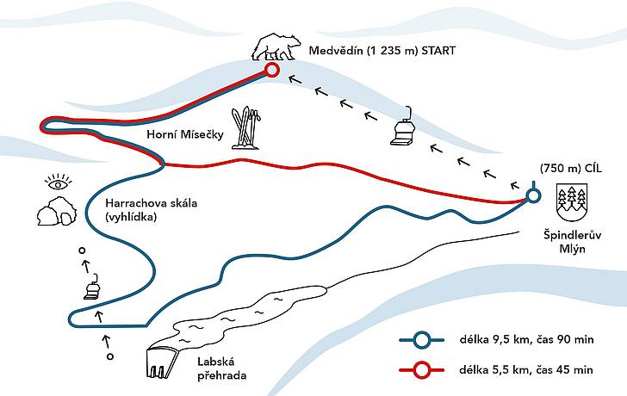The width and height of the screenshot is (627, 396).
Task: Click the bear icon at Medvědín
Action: click(276, 47)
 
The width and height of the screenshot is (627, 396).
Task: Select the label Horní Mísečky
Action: click(184, 134)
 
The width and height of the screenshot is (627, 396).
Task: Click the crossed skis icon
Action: click(246, 128)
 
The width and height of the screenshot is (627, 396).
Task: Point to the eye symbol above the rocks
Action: click(59, 182)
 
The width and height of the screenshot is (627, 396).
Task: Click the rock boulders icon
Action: click(56, 211)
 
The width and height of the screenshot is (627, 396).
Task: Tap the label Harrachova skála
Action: click(152, 203)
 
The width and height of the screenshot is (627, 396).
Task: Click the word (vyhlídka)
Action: click(131, 217)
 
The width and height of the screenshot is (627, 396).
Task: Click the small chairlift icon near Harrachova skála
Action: click(92, 287)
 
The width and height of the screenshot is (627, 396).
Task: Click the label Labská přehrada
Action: click(221, 368)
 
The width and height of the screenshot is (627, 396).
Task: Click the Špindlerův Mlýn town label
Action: click(572, 241)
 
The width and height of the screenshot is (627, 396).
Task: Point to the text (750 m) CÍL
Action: click(571, 169)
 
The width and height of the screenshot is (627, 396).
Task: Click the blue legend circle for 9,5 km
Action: click(421, 340)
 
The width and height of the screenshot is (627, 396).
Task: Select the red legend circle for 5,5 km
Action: click(421, 370)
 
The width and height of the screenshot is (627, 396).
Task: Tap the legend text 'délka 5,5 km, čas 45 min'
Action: click(526, 370)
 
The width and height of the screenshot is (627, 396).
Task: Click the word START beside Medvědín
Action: click(438, 51)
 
